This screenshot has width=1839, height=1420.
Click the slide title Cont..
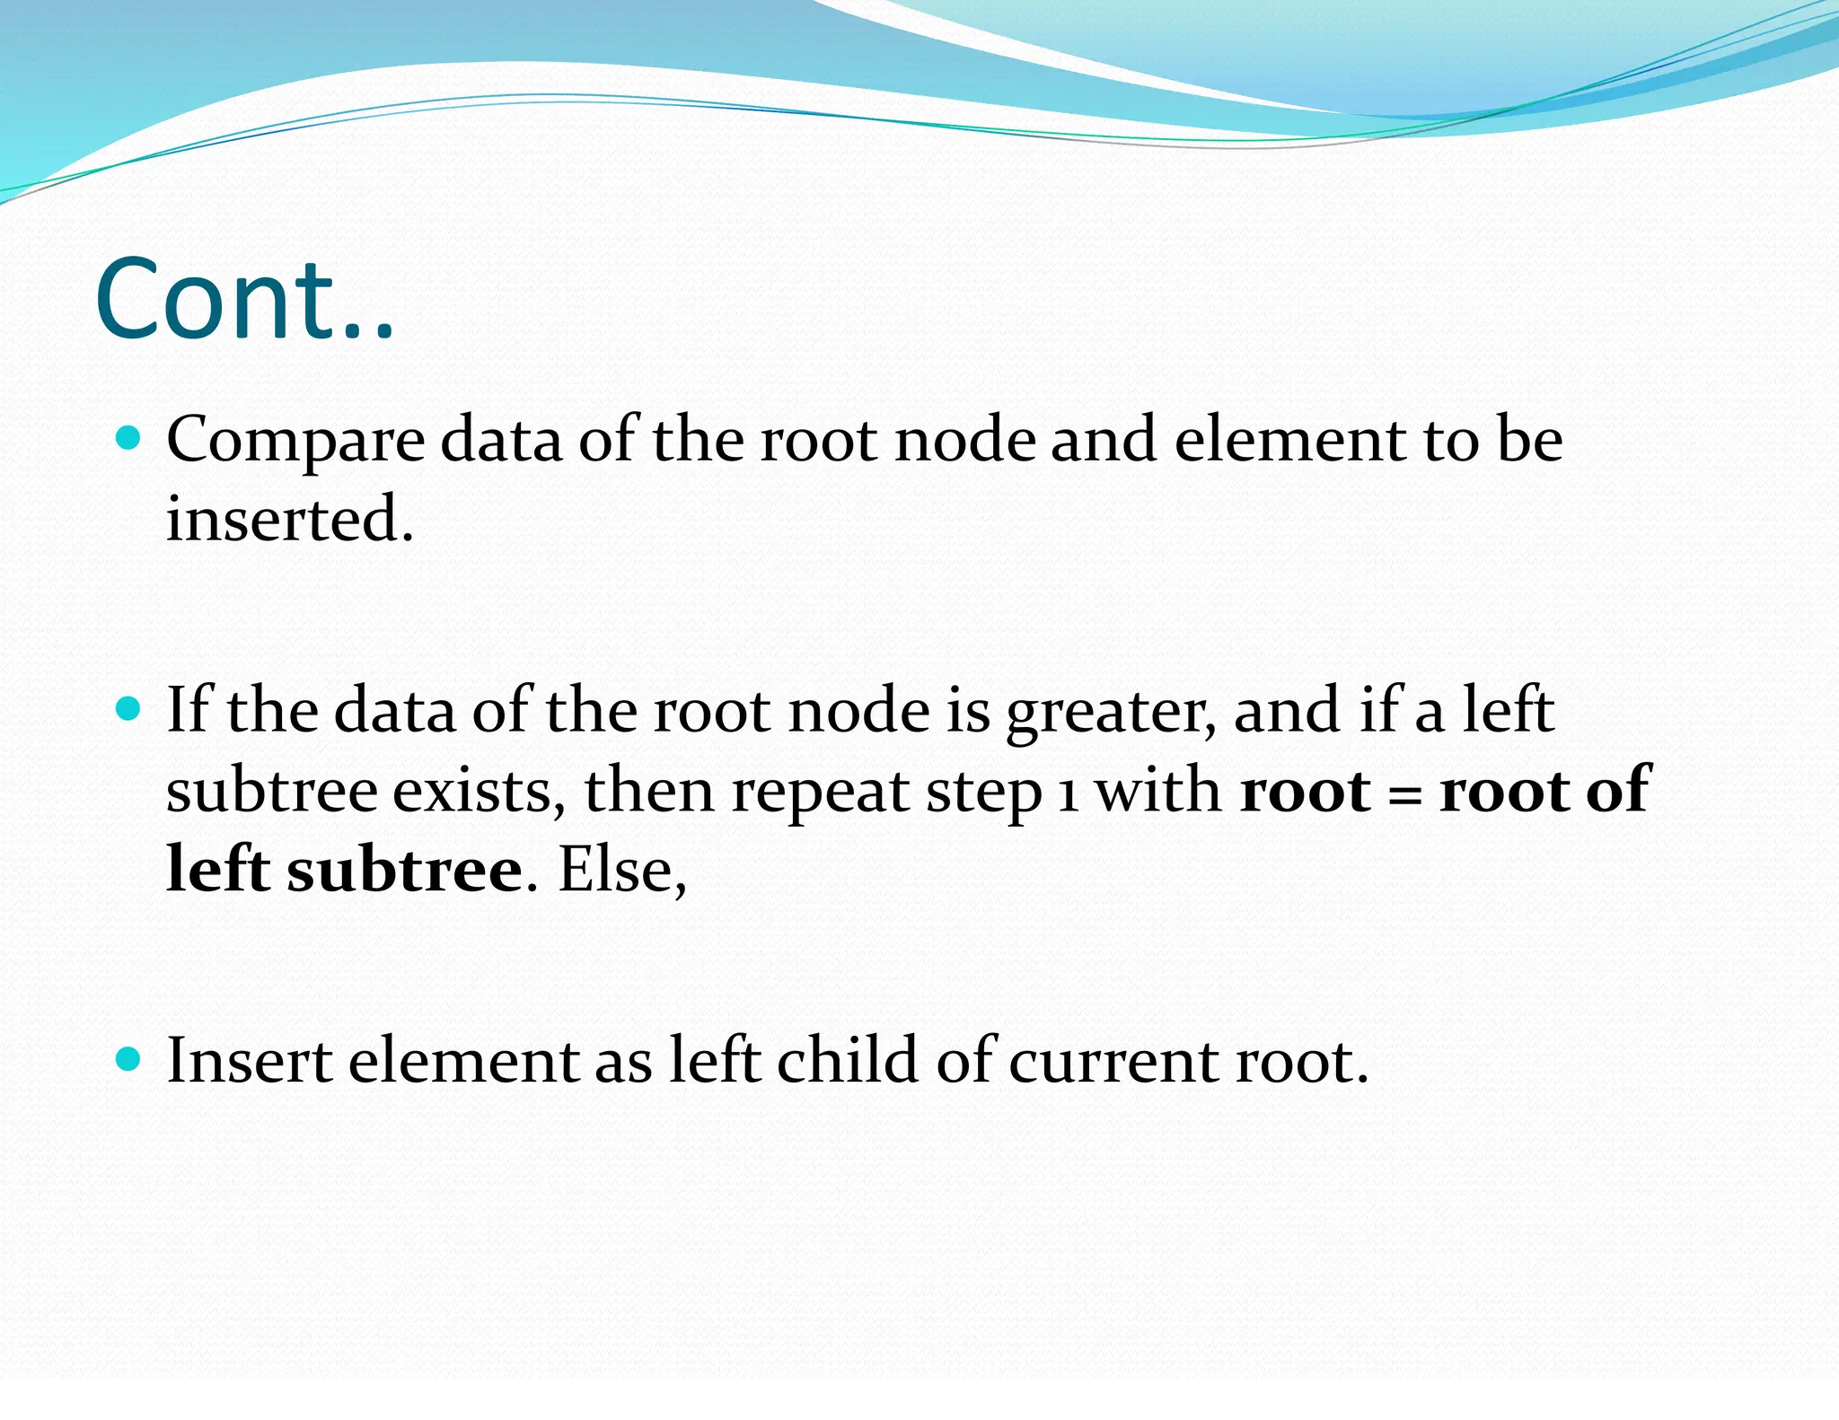pyautogui.click(x=244, y=300)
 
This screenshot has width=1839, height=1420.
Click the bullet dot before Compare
pyautogui.click(x=129, y=438)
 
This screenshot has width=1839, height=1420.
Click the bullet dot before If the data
pyautogui.click(x=129, y=709)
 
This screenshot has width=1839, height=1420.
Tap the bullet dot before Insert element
pyautogui.click(x=129, y=1060)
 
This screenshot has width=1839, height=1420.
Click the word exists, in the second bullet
pyautogui.click(x=480, y=792)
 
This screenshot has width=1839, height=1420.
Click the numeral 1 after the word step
pyautogui.click(x=1067, y=795)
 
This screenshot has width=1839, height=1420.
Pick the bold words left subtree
pyautogui.click(x=344, y=870)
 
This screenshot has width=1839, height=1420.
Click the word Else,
pyautogui.click(x=622, y=870)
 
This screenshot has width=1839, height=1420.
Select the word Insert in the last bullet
pyautogui.click(x=250, y=1061)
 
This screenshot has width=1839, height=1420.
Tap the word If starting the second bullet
pyautogui.click(x=188, y=710)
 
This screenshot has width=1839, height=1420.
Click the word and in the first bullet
pyautogui.click(x=1104, y=440)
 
